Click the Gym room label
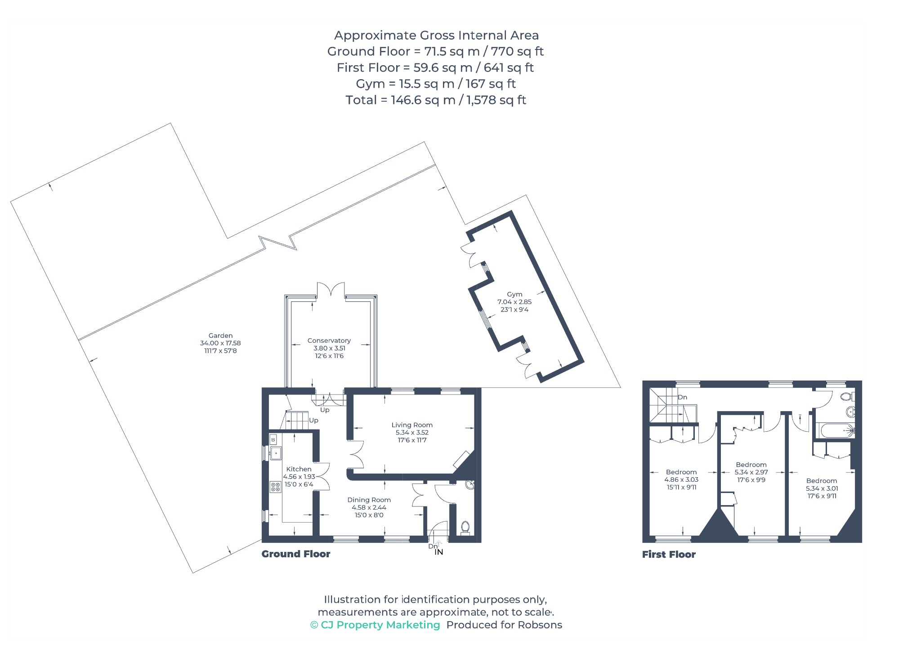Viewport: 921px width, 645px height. [x=514, y=294]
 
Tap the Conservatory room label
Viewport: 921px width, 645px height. [x=329, y=340]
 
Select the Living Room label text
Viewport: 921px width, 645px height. [x=412, y=425]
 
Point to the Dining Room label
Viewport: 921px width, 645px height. [x=369, y=500]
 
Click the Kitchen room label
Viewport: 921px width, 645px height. [x=299, y=469]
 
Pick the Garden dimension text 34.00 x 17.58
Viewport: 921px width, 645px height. [x=220, y=343]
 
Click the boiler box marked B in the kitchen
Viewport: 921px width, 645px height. [x=273, y=439]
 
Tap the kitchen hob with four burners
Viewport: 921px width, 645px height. [x=275, y=487]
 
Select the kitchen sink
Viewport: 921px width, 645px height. [x=275, y=453]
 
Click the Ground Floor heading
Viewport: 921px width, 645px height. [x=296, y=554]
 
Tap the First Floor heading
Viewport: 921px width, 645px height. [x=669, y=555]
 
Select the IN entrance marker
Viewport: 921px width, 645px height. [x=439, y=552]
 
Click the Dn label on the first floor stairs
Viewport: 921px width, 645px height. [x=683, y=397]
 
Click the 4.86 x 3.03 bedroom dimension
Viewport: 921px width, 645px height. [x=681, y=479]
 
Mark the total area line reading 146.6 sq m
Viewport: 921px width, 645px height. [x=436, y=100]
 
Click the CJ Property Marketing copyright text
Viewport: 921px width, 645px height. [x=375, y=625]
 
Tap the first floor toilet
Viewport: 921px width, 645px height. [x=847, y=397]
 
